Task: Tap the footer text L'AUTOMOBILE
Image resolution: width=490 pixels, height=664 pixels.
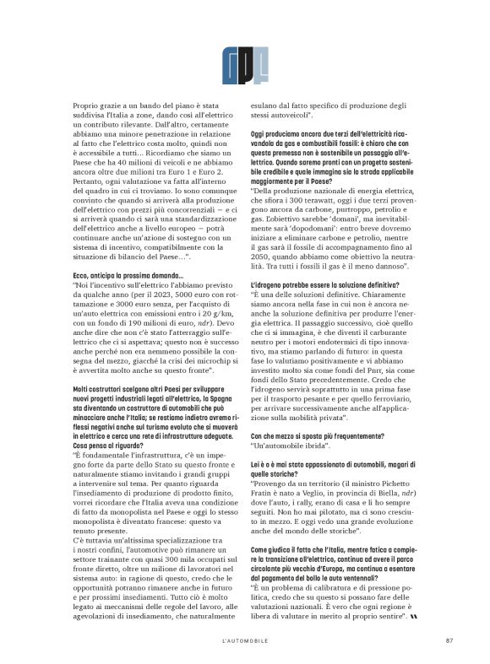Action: (244, 639)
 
